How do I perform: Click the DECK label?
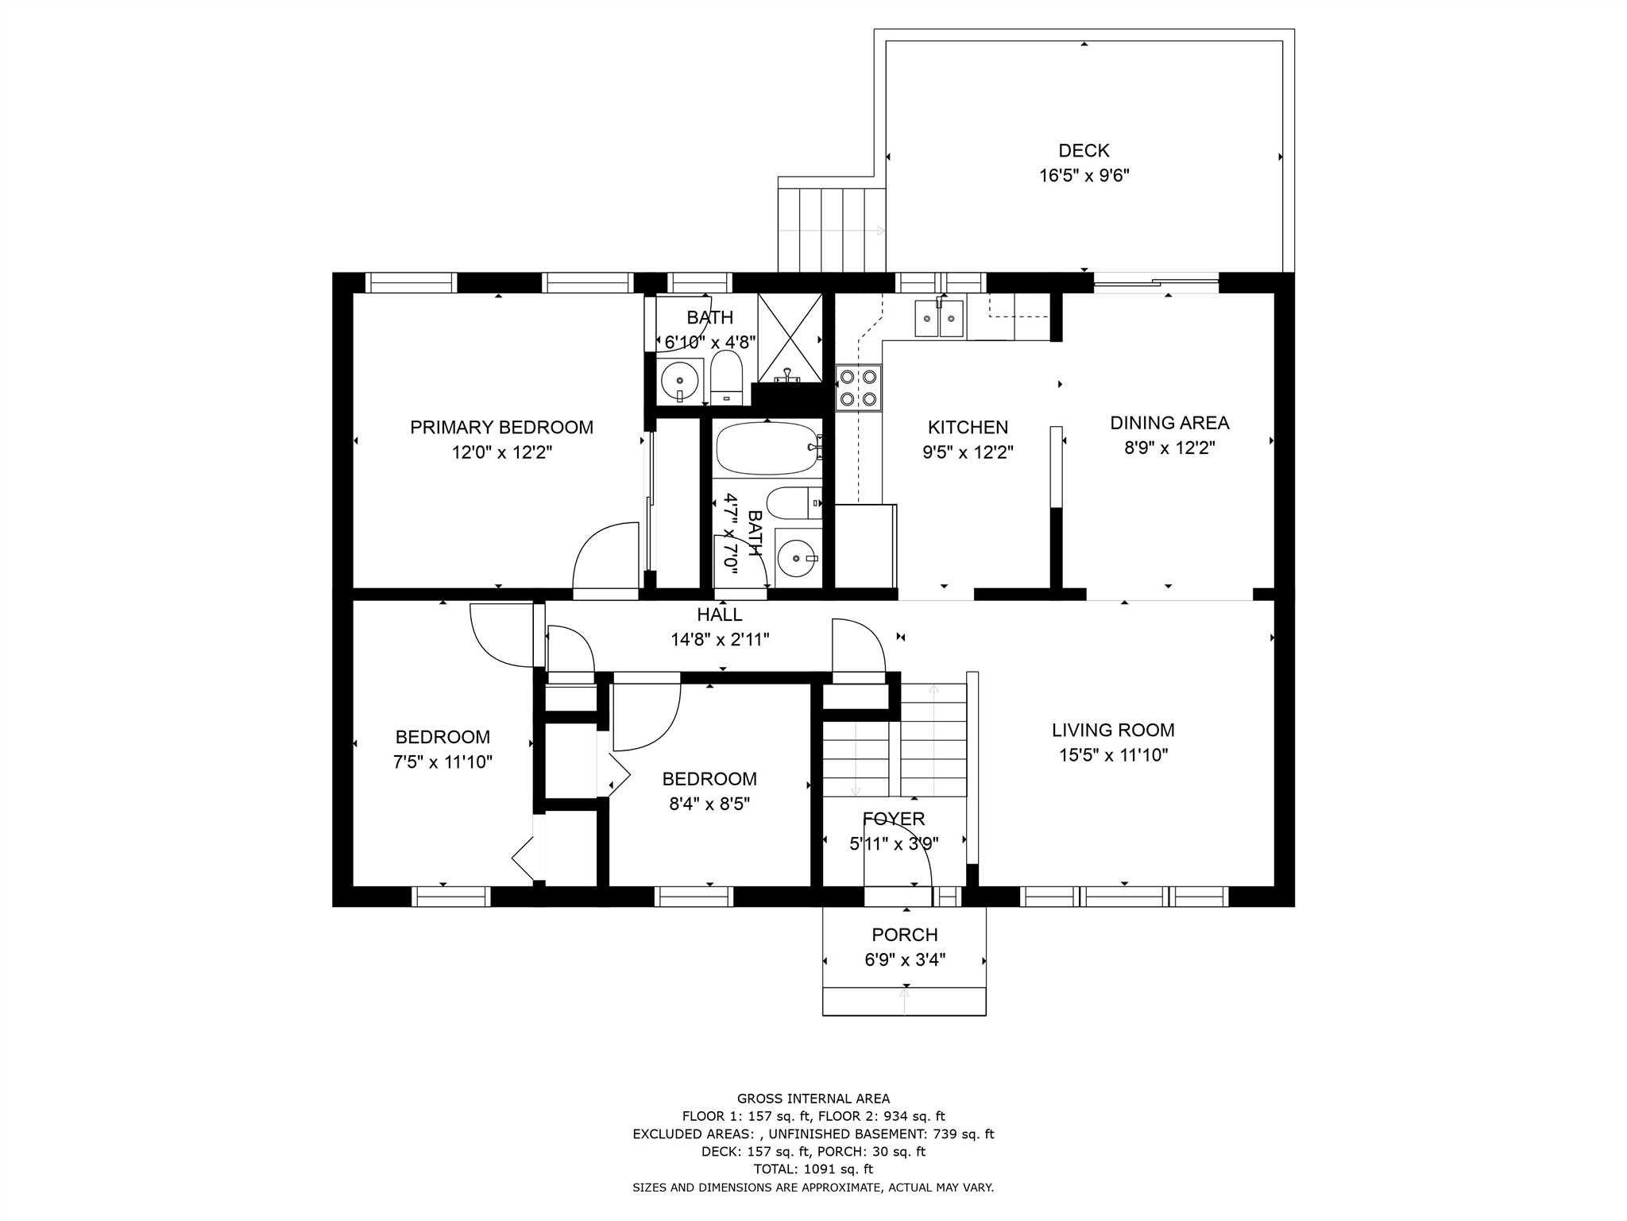click(x=1084, y=150)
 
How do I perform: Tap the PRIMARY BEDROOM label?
click(x=501, y=428)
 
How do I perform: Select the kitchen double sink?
click(x=939, y=318)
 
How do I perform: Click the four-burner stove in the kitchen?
click(x=858, y=387)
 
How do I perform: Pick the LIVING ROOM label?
click(x=1113, y=730)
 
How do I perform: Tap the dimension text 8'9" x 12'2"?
click(x=1169, y=448)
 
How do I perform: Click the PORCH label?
click(x=905, y=935)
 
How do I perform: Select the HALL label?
click(x=720, y=614)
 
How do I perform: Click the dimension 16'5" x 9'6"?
click(x=1084, y=176)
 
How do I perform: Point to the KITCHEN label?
click(x=968, y=428)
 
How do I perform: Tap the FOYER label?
click(x=894, y=819)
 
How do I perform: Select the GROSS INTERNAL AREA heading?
click(x=813, y=1099)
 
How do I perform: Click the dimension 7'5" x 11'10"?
click(x=442, y=762)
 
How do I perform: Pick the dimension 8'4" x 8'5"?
click(x=709, y=804)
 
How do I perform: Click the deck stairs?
click(x=831, y=231)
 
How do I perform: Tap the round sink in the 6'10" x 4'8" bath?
click(x=680, y=381)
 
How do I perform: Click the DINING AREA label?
click(x=1169, y=423)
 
